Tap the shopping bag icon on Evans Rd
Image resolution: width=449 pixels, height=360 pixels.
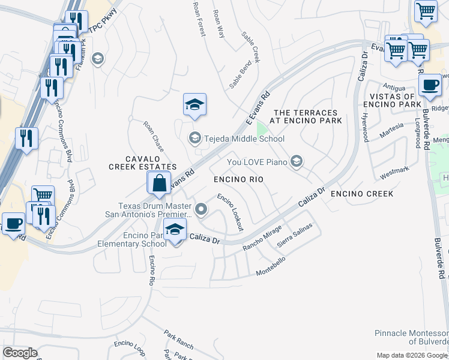tap(159, 183)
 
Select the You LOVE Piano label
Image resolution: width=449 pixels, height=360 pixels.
tap(258, 161)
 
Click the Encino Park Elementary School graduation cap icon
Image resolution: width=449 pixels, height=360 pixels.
tap(175, 230)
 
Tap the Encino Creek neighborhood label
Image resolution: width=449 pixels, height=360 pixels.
tap(362, 194)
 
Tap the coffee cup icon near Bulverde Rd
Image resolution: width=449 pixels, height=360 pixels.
tap(430, 85)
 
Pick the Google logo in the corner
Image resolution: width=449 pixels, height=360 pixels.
tap(20, 353)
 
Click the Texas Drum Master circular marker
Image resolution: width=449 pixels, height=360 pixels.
tap(202, 210)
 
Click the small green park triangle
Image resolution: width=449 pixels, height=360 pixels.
tap(262, 129)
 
